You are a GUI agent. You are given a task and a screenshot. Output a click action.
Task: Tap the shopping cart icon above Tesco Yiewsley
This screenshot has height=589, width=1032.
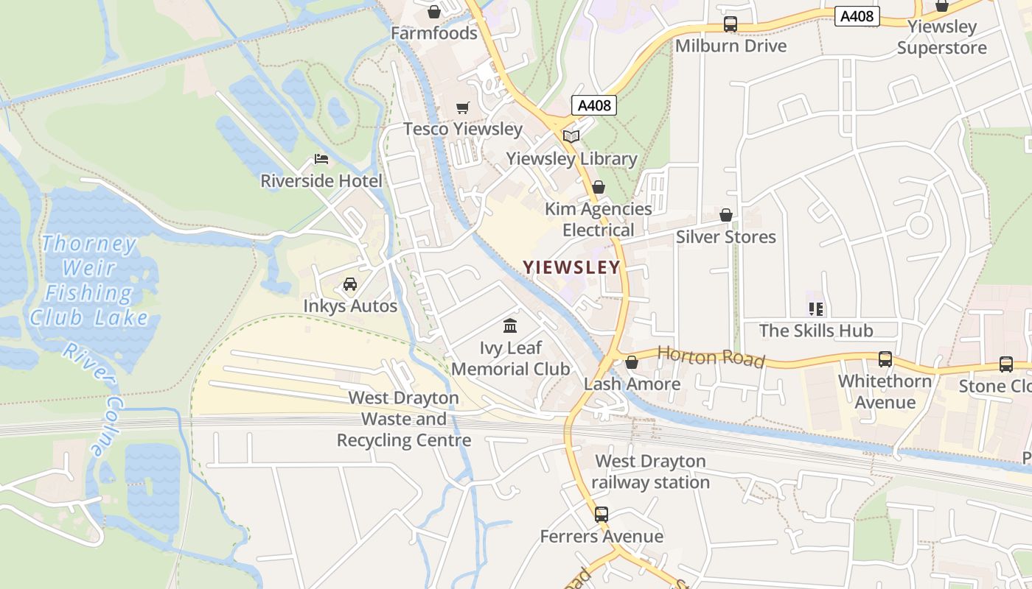tap(463, 108)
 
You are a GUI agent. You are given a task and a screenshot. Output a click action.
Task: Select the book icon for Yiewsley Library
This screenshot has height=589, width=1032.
tap(571, 136)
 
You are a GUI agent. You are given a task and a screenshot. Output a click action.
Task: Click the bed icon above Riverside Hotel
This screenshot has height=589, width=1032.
tap(321, 159)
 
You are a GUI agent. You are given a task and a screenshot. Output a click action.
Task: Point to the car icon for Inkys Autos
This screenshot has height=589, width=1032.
tap(350, 284)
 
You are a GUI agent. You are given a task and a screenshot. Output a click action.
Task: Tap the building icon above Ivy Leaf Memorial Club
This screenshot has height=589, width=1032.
tap(510, 325)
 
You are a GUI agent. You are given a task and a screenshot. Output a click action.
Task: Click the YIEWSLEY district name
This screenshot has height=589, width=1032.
tap(572, 267)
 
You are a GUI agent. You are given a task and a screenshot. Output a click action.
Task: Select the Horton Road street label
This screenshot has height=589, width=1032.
tap(711, 357)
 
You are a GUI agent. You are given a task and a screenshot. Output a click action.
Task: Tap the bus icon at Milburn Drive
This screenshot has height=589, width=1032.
tap(731, 24)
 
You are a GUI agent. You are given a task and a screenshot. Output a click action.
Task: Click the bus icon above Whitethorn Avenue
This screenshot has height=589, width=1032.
tap(885, 359)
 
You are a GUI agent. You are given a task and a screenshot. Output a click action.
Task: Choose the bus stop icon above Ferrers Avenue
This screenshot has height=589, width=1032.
tap(602, 514)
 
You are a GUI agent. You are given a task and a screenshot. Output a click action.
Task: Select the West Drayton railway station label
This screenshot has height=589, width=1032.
tap(650, 472)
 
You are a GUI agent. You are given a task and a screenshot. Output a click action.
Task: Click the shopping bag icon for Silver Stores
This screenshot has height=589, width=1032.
tap(726, 215)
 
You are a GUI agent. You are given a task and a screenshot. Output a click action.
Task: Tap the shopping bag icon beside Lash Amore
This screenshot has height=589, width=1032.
tap(632, 362)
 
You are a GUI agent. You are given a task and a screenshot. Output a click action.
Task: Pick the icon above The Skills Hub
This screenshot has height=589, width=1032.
tap(815, 309)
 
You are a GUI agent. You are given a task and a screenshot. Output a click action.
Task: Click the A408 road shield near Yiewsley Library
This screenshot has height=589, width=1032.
tap(594, 105)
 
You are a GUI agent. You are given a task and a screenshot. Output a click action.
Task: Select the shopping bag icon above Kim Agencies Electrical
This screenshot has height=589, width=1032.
tap(599, 187)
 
